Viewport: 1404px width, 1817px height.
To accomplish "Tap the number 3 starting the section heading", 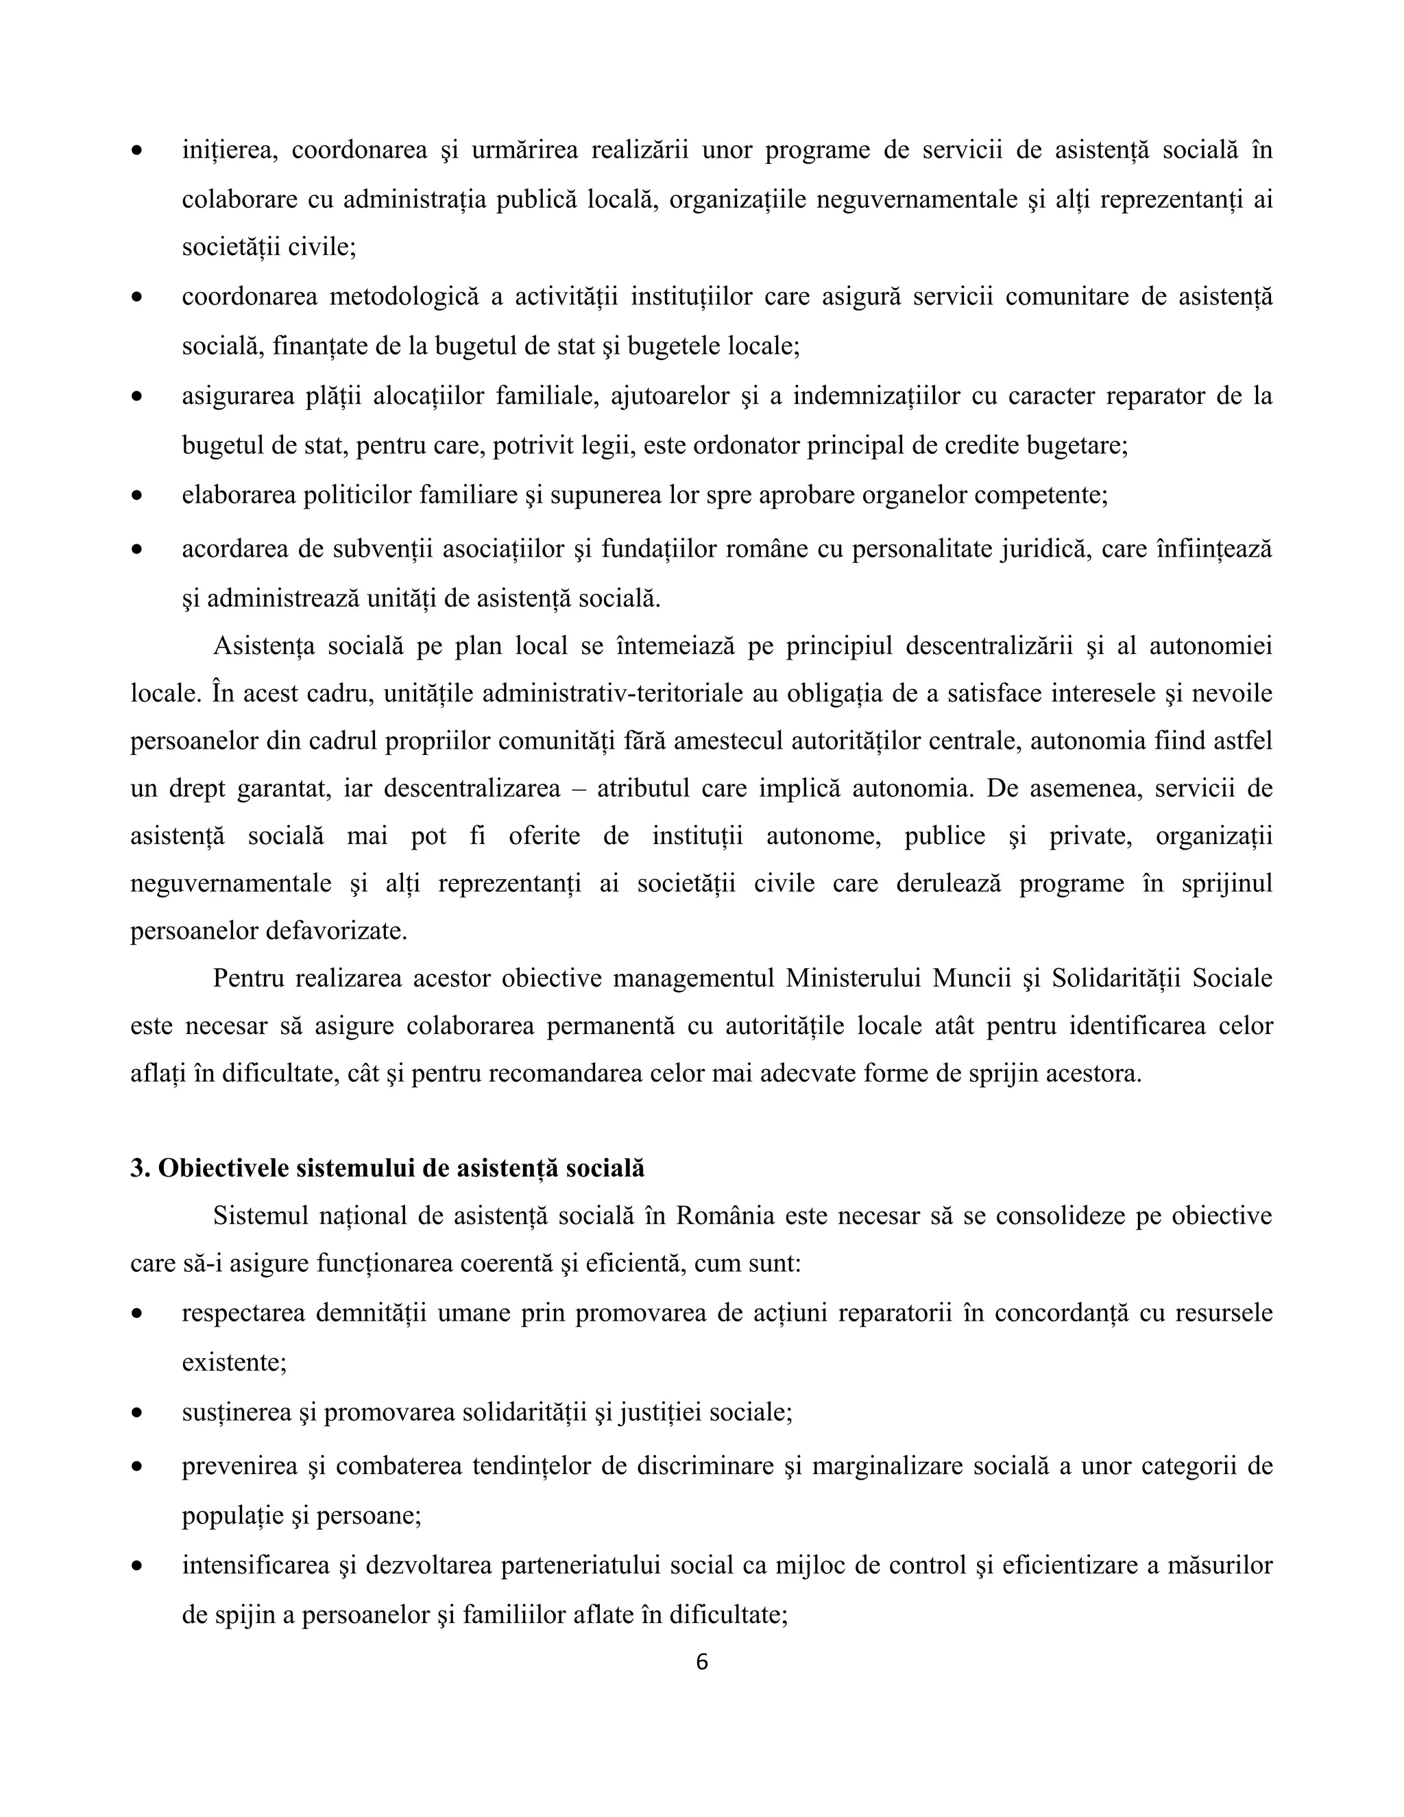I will (136, 1169).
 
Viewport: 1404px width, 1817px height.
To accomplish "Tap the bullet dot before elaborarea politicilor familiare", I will (137, 496).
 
